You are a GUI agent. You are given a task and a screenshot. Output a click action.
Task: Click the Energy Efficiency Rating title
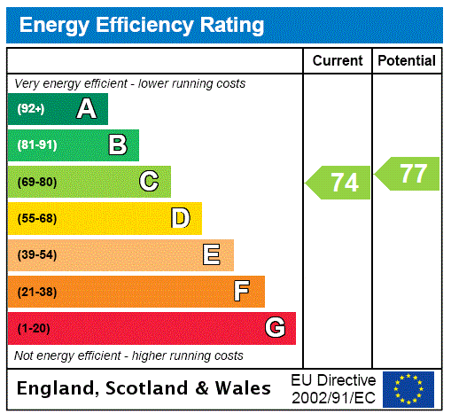pos(142,25)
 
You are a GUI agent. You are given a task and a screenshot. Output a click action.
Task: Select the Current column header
pos(338,60)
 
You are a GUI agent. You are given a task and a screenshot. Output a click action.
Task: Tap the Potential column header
pos(407,60)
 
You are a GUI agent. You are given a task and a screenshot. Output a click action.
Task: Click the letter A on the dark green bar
pos(86,109)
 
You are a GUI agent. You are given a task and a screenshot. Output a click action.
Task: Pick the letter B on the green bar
pos(118,145)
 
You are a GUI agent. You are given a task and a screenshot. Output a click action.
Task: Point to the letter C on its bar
pos(149,182)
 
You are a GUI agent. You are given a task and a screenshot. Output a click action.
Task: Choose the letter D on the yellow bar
pos(181,218)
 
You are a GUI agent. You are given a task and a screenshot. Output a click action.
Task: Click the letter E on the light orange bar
pos(212,255)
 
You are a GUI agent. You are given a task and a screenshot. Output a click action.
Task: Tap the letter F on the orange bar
pos(242,291)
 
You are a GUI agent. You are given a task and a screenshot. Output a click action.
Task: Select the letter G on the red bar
pos(275,328)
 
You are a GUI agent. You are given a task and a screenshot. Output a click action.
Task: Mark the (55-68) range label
pos(36,219)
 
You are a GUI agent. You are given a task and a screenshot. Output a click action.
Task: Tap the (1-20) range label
pos(34,329)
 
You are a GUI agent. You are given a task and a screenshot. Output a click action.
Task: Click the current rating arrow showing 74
pos(339,183)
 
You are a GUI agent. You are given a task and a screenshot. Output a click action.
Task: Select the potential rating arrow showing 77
pos(408,174)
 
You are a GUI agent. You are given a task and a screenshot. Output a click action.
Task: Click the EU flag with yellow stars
pos(408,388)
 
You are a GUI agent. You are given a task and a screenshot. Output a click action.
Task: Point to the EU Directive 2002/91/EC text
pos(333,388)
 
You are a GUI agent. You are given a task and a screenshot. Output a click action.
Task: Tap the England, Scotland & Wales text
pos(144,388)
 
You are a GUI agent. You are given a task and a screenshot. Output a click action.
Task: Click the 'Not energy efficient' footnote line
pos(128,355)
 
